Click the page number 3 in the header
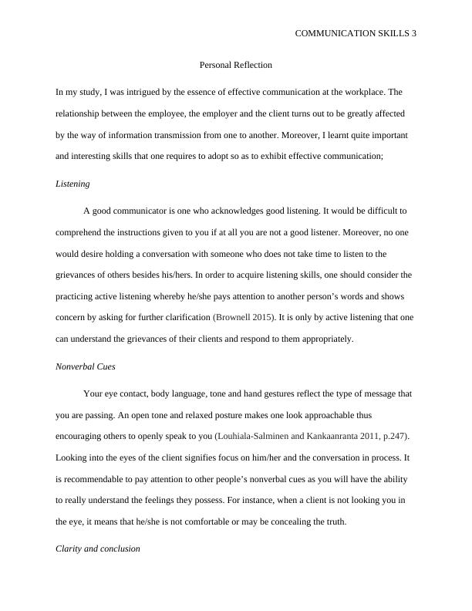pyautogui.click(x=413, y=34)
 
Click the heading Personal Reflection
pyautogui.click(x=235, y=65)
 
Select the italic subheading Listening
pyautogui.click(x=73, y=184)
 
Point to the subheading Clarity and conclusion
pyautogui.click(x=98, y=549)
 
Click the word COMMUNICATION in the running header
pyautogui.click(x=334, y=34)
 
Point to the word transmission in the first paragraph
pyautogui.click(x=188, y=135)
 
